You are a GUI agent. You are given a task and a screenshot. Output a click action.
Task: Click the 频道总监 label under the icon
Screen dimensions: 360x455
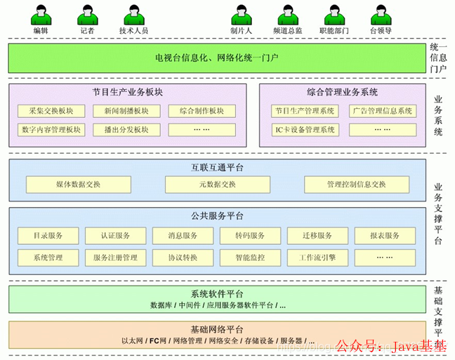pyautogui.click(x=289, y=32)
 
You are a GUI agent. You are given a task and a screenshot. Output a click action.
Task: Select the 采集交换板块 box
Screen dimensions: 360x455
pyautogui.click(x=51, y=111)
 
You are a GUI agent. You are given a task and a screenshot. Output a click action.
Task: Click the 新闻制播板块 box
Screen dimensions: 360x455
pyautogui.click(x=126, y=111)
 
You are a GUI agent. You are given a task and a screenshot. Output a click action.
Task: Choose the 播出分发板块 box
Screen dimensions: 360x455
pyautogui.click(x=126, y=130)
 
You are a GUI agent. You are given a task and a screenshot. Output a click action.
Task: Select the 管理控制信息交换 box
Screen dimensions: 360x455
pyautogui.click(x=356, y=185)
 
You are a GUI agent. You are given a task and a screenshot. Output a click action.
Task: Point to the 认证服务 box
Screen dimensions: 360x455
pyautogui.click(x=116, y=235)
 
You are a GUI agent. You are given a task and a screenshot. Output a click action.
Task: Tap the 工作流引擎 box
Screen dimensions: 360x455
pyautogui.click(x=317, y=257)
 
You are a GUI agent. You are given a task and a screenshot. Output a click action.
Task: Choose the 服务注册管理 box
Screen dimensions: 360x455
pyautogui.click(x=116, y=257)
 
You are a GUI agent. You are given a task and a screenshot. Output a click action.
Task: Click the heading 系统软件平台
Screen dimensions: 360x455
pyautogui.click(x=216, y=294)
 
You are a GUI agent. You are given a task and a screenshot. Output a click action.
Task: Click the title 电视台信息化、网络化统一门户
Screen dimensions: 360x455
pyautogui.click(x=216, y=57)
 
